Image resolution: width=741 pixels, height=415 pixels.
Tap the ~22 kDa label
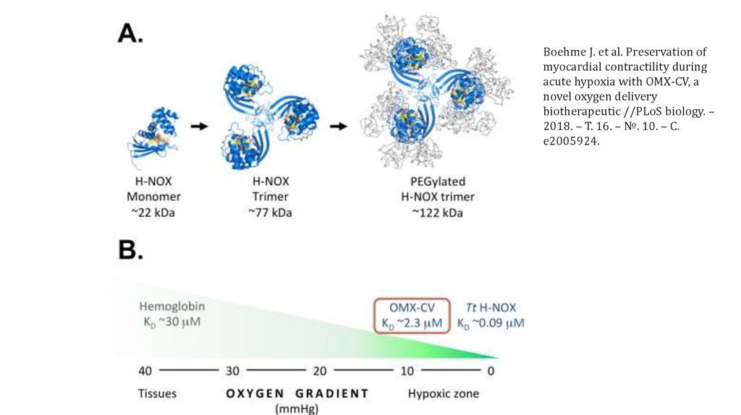(153, 213)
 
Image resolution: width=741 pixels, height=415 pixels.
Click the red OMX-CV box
(412, 315)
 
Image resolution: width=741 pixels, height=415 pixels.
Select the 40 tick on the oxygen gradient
(145, 370)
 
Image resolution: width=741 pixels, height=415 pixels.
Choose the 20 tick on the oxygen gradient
(319, 370)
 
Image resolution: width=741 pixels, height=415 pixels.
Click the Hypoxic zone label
(443, 393)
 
